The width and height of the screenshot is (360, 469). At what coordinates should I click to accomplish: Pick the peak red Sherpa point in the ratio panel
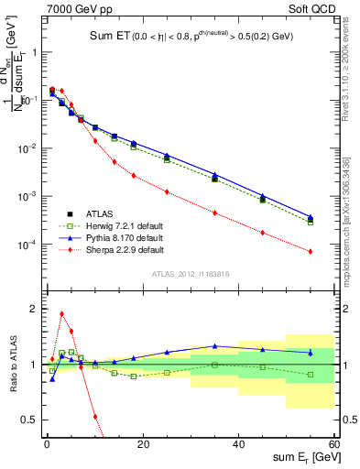[61, 313]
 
